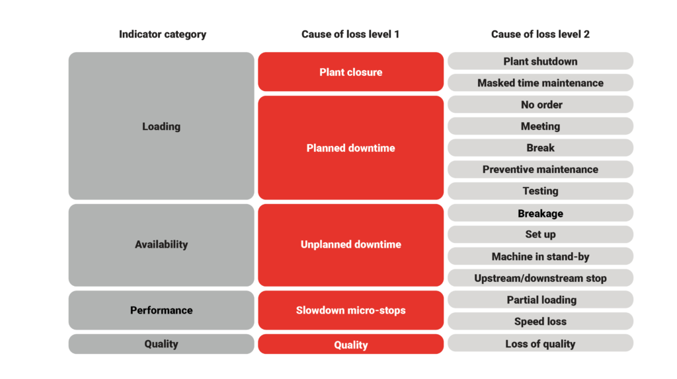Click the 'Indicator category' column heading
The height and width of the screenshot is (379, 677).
click(x=163, y=34)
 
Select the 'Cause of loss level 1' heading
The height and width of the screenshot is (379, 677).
click(x=350, y=34)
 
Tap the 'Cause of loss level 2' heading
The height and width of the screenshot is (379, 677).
click(x=540, y=34)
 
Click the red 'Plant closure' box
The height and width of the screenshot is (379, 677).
click(x=350, y=72)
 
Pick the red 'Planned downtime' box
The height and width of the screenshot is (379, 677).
click(x=350, y=148)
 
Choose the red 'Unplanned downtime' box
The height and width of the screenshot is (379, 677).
click(x=350, y=245)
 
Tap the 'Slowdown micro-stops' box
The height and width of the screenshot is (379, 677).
click(x=350, y=310)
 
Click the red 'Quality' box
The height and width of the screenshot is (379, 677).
click(x=350, y=344)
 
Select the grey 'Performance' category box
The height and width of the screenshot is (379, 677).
click(x=161, y=310)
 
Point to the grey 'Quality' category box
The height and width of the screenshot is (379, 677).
click(x=161, y=344)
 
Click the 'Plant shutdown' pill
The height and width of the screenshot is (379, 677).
click(x=540, y=61)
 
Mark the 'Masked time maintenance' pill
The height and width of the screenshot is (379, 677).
click(x=540, y=83)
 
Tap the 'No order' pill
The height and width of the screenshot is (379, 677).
click(x=540, y=104)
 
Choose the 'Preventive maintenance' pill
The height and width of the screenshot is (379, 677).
click(x=540, y=170)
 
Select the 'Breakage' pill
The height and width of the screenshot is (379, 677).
click(x=540, y=213)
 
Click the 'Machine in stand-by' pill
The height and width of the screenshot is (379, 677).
click(x=540, y=256)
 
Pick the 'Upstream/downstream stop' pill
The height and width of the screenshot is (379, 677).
click(x=540, y=278)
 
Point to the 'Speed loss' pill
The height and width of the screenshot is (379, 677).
click(x=540, y=321)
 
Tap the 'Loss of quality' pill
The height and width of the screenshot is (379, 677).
click(x=540, y=343)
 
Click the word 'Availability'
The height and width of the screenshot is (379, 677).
click(x=161, y=244)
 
